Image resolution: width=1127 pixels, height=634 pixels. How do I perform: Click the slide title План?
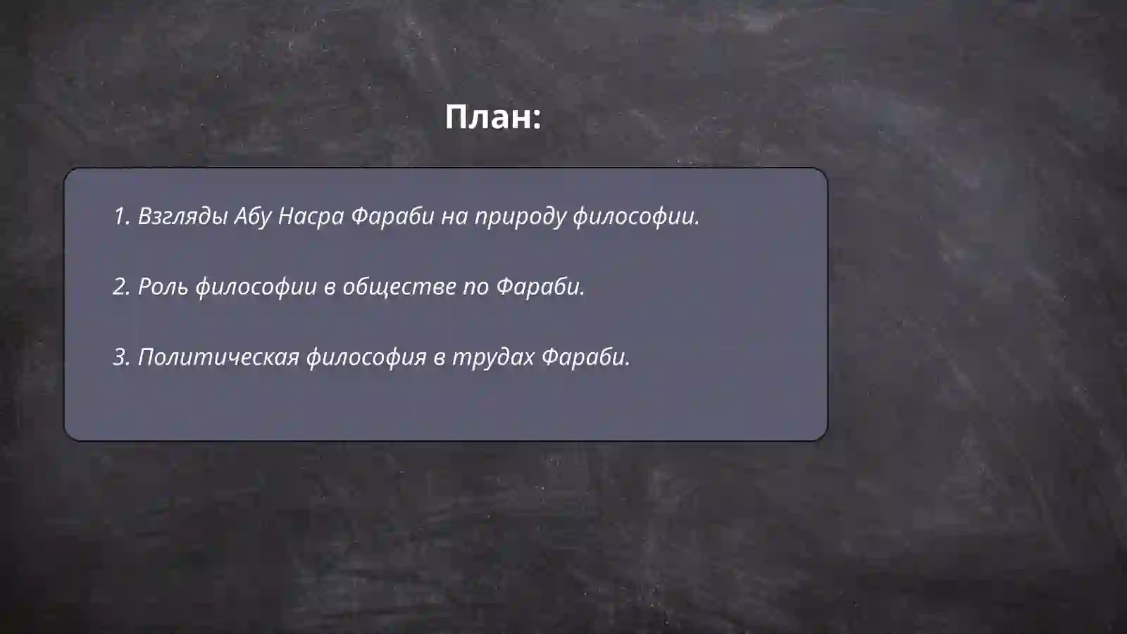click(492, 117)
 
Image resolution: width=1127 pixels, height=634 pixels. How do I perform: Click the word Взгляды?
click(182, 216)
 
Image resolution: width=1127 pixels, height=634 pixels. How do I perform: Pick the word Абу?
click(252, 216)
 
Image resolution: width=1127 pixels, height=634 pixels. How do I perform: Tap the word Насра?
click(311, 216)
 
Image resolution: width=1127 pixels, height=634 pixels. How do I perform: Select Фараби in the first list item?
click(392, 216)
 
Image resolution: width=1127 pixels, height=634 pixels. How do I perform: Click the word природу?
click(520, 216)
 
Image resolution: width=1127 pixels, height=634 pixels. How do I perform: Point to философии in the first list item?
click(635, 216)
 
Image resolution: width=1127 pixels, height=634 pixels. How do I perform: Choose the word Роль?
click(163, 287)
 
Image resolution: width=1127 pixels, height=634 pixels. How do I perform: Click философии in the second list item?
click(256, 287)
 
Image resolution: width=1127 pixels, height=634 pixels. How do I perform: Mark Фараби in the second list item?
click(540, 287)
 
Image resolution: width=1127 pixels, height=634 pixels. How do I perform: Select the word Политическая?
click(218, 357)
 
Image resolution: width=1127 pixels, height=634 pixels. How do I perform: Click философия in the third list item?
click(366, 357)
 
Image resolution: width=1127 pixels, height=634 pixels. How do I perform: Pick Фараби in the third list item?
click(585, 357)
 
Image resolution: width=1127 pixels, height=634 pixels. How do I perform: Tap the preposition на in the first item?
click(454, 216)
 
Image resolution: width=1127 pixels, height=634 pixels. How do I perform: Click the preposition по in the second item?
click(475, 287)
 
